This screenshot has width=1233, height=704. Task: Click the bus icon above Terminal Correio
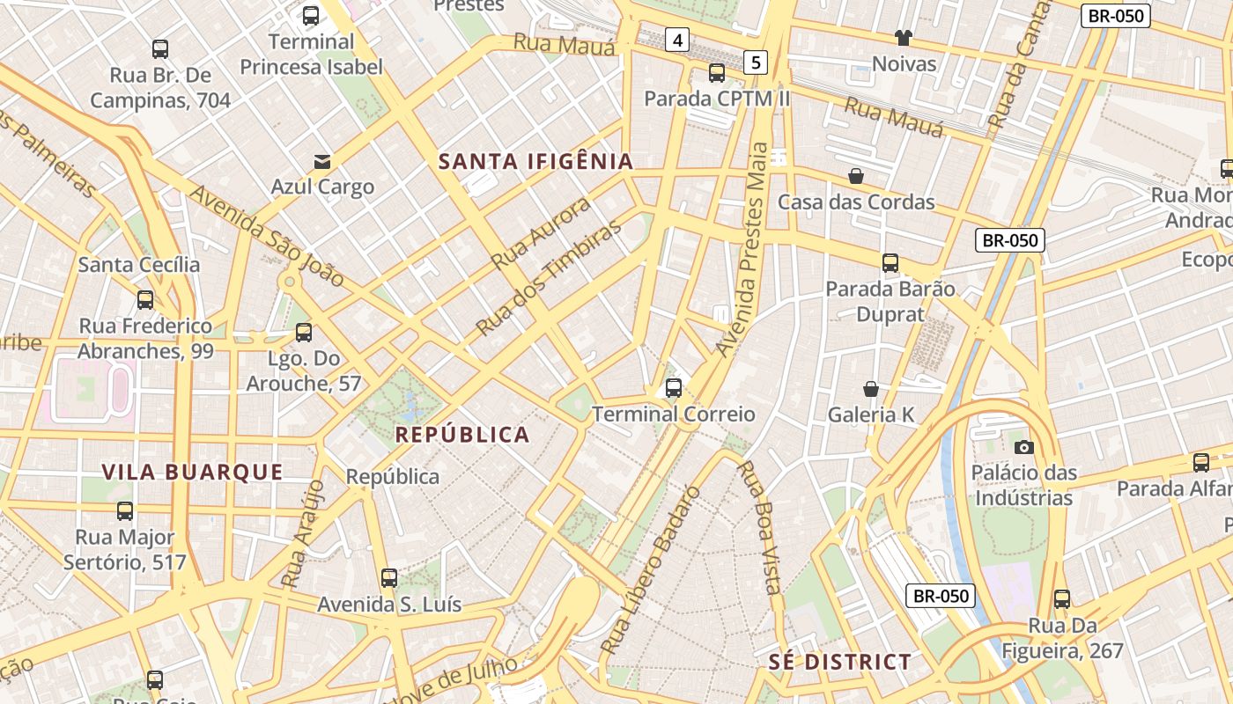point(674,387)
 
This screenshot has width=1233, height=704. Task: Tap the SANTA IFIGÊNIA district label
point(536,161)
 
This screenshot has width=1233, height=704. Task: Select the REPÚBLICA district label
point(462,435)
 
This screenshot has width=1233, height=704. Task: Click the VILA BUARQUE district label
point(192,472)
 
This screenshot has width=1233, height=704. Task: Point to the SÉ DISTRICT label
point(840,662)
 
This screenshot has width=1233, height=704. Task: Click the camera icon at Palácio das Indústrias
point(1023,447)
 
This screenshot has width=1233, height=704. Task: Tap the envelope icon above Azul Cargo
point(322,161)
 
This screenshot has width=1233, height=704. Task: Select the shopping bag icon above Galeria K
point(871,389)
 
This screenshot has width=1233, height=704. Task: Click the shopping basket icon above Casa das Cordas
point(855,176)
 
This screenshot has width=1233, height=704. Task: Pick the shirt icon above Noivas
point(904,38)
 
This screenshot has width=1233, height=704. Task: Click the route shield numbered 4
point(676,40)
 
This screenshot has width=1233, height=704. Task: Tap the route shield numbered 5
point(756,62)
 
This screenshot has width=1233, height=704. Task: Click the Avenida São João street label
point(267,235)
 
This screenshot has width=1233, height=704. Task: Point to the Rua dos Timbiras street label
point(548,278)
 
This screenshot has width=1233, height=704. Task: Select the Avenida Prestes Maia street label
point(744,250)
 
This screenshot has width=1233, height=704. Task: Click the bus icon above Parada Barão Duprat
point(890,262)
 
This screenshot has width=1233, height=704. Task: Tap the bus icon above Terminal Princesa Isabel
point(311,16)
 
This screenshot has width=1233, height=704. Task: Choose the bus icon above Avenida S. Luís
point(389,578)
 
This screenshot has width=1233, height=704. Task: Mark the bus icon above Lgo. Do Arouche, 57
point(304,333)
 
